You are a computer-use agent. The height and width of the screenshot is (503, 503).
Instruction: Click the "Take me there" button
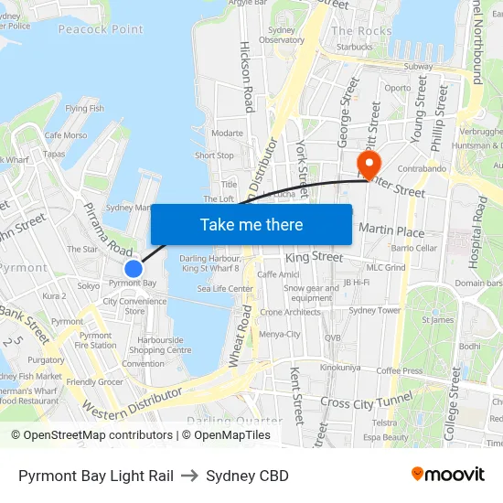(x=251, y=224)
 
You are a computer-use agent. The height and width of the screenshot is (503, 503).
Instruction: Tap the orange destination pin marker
(x=369, y=165)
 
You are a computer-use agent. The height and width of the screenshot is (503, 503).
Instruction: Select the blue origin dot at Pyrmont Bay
(x=134, y=268)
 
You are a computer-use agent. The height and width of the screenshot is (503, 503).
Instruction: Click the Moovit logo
(x=447, y=475)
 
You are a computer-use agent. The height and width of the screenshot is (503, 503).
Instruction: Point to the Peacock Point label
(x=101, y=29)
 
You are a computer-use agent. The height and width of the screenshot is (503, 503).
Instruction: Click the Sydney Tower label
(x=375, y=310)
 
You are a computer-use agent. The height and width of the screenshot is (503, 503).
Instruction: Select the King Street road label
(x=314, y=258)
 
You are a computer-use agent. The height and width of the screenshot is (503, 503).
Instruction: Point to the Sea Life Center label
(x=225, y=288)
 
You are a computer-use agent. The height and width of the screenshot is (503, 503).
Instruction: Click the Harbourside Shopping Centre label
(x=160, y=345)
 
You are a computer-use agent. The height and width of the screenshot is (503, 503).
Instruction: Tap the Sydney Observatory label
(x=281, y=35)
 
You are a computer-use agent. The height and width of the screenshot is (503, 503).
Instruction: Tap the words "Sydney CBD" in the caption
(x=247, y=476)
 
